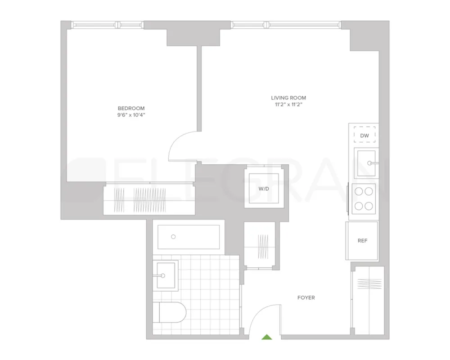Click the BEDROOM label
[131, 108]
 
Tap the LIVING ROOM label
[288, 98]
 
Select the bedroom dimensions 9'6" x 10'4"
[131, 115]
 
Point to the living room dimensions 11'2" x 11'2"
[288, 105]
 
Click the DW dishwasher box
[364, 135]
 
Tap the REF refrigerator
[362, 241]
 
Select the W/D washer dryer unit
[264, 188]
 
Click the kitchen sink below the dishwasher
[365, 163]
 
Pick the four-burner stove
[364, 198]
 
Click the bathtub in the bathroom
[189, 237]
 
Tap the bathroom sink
[166, 275]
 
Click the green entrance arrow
[267, 336]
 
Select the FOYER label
[306, 297]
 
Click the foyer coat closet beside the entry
[369, 300]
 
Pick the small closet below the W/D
[260, 246]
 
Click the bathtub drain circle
[173, 236]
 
